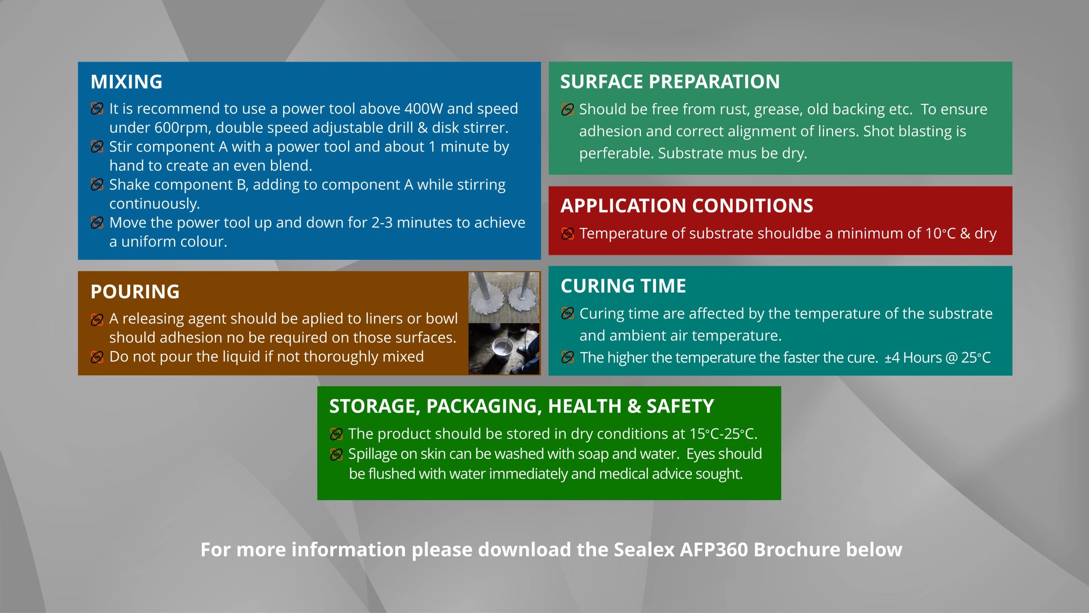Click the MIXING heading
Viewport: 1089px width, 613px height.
pos(126,82)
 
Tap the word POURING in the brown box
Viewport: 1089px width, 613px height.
pos(135,292)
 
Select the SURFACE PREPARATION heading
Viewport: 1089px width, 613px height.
pos(670,82)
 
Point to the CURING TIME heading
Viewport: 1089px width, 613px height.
pos(623,286)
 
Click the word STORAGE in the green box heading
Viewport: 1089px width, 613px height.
pos(375,406)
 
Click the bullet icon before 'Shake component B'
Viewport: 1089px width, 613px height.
pos(97,185)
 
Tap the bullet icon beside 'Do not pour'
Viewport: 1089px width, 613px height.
pos(97,357)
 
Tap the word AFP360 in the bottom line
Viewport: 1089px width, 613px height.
pos(714,550)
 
